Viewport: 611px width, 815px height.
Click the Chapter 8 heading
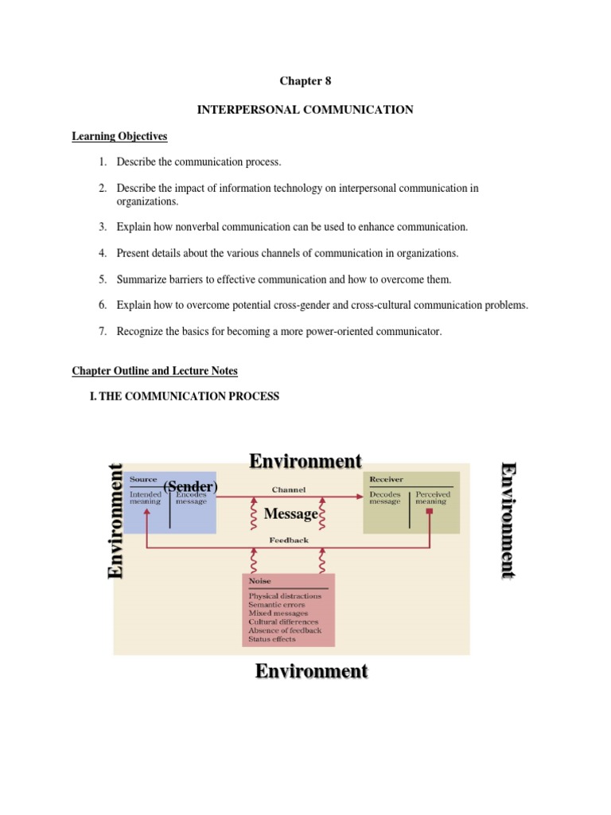click(305, 80)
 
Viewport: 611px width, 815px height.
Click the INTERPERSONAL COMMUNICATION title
click(305, 110)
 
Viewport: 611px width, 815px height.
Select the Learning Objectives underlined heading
click(119, 137)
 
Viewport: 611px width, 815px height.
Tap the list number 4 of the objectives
click(103, 253)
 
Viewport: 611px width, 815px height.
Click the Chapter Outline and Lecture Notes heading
click(154, 371)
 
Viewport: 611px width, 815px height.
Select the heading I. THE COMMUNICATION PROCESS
click(185, 396)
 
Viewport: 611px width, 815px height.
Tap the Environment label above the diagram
click(305, 461)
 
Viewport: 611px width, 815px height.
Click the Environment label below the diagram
click(311, 671)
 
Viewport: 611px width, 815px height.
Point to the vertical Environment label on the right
click(508, 521)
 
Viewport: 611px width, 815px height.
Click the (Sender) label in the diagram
click(190, 486)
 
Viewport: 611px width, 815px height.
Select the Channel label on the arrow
click(288, 489)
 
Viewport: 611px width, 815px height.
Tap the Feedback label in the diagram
click(288, 540)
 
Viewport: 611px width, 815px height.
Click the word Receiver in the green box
click(387, 479)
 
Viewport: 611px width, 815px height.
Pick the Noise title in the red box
click(259, 581)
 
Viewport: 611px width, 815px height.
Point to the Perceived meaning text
click(433, 498)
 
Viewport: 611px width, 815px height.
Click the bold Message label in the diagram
click(290, 514)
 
